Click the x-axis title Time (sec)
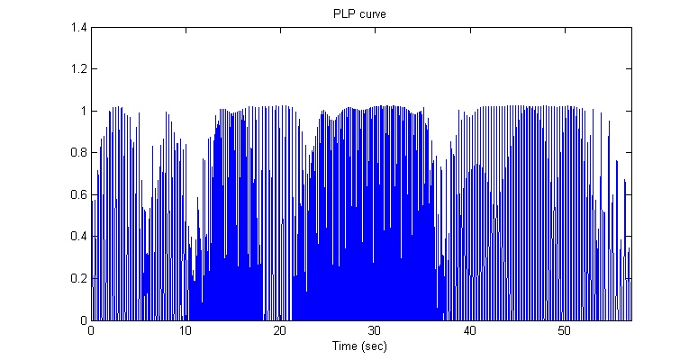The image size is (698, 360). [361, 345]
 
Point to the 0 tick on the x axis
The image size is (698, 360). [91, 330]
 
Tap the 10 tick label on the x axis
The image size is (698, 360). [186, 330]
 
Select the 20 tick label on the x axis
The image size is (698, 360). [280, 330]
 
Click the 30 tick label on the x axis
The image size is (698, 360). [375, 330]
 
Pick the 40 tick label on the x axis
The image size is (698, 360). [469, 330]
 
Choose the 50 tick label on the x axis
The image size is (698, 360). [564, 330]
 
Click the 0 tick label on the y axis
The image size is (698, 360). [83, 320]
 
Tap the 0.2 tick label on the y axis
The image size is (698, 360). [78, 278]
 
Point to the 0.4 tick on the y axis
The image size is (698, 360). [78, 237]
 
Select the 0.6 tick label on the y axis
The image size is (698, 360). [78, 194]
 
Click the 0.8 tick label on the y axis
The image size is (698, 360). [78, 153]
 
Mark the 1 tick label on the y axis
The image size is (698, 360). [83, 111]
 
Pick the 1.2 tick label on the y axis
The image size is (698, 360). [78, 69]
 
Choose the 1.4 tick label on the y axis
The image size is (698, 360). [78, 28]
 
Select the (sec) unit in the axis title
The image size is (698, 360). [376, 345]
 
